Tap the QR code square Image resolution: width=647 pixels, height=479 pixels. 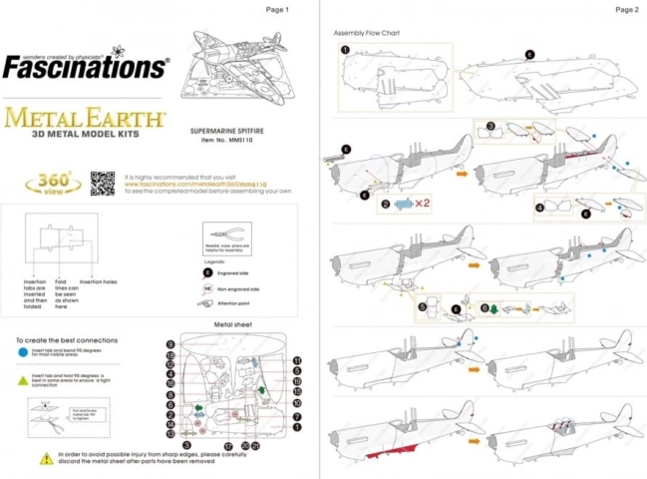click(x=103, y=184)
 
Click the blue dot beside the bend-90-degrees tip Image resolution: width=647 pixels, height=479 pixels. click(x=21, y=351)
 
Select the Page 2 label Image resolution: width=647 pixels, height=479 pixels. click(x=626, y=10)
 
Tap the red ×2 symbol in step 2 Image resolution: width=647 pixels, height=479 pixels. click(x=421, y=205)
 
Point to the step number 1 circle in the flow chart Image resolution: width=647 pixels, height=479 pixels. click(x=344, y=49)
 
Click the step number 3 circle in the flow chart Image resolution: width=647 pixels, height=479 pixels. click(x=491, y=127)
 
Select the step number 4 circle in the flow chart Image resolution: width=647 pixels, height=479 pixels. click(x=539, y=208)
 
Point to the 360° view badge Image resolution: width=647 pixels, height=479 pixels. click(x=59, y=184)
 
